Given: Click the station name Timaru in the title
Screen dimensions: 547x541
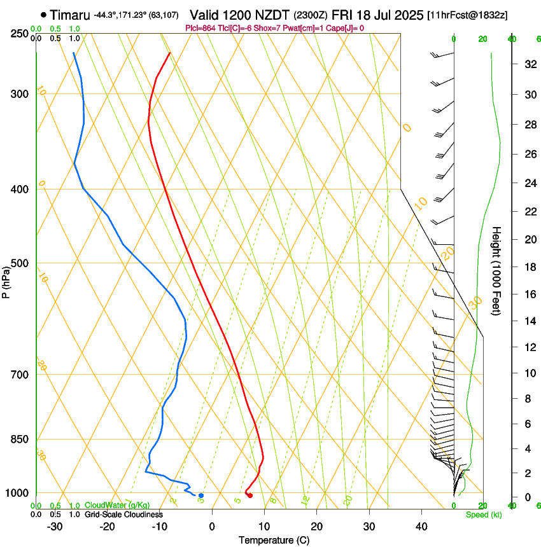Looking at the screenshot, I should (69, 14).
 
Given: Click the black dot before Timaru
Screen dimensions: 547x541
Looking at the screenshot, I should (43, 14).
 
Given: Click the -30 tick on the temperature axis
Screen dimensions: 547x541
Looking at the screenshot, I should (55, 527).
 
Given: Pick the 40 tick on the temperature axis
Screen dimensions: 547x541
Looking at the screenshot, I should (421, 527).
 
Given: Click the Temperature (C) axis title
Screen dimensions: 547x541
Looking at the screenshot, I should (274, 540).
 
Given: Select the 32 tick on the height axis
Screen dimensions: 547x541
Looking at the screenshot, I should (529, 64).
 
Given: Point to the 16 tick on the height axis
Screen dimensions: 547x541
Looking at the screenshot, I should (529, 294).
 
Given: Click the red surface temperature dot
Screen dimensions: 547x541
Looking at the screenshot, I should (249, 495).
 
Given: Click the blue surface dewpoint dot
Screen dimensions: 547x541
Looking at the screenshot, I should (201, 495).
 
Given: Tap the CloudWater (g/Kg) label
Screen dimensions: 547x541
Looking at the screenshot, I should (117, 506).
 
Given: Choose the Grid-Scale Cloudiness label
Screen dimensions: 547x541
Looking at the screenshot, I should (123, 515).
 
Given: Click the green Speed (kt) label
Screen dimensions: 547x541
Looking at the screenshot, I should (483, 515).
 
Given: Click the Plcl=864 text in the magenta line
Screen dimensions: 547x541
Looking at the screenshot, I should (200, 28).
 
